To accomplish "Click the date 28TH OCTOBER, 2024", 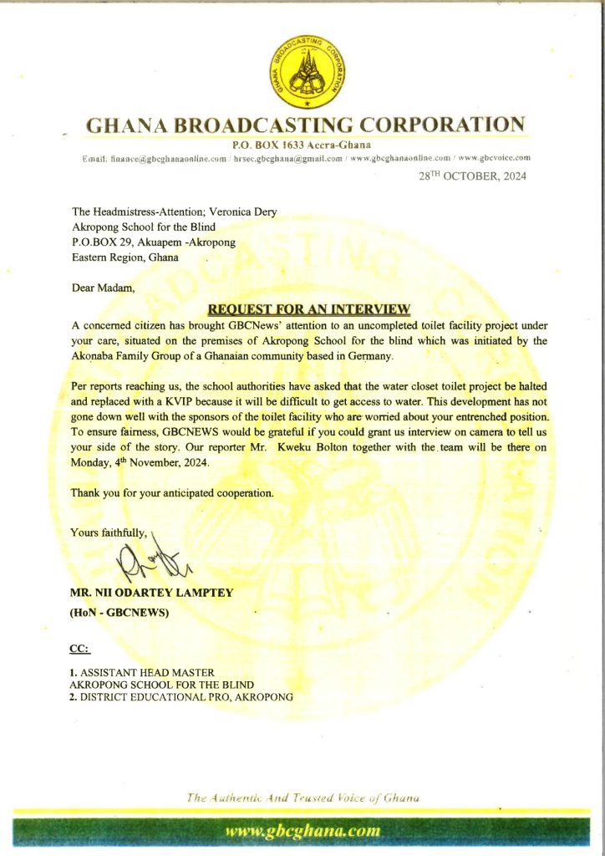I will (x=473, y=177).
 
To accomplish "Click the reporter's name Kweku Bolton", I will (x=376, y=449).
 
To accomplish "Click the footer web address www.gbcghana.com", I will (x=303, y=831).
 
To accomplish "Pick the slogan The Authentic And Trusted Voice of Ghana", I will (x=302, y=797).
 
